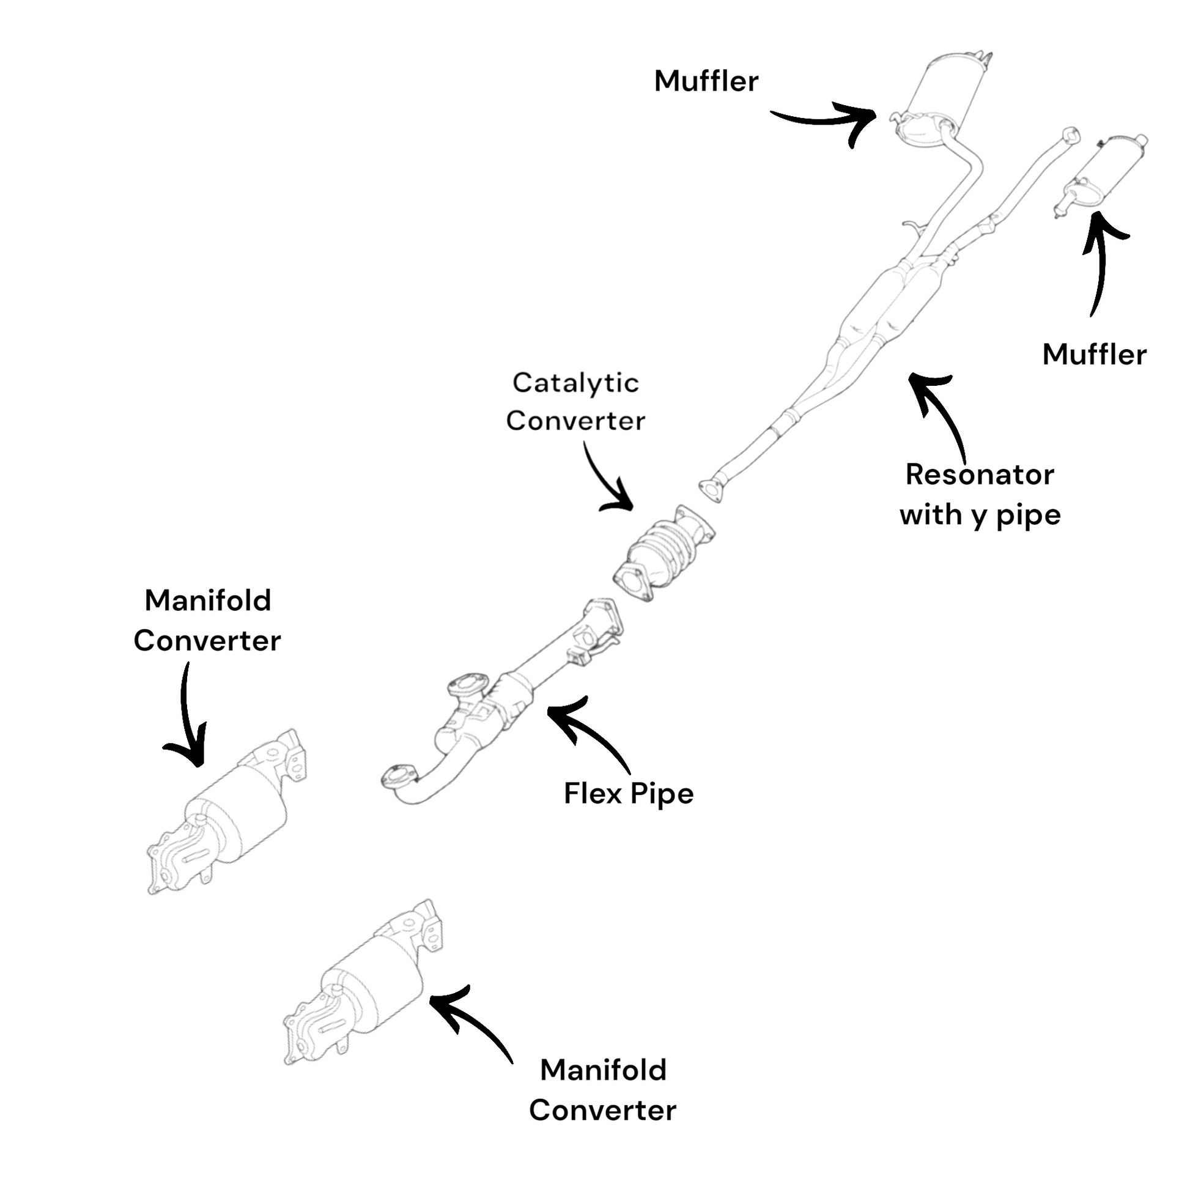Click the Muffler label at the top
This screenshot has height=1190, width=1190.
706,81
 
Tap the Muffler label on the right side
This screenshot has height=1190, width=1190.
1094,355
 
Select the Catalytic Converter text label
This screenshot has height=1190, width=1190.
575,402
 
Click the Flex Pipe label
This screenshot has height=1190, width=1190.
628,793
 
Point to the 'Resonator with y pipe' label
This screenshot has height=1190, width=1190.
980,495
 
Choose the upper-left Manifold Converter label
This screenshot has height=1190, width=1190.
207,620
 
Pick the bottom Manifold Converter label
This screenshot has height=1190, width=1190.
602,1090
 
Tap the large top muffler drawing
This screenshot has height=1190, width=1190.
942,92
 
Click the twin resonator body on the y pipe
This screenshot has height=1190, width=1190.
887,302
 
